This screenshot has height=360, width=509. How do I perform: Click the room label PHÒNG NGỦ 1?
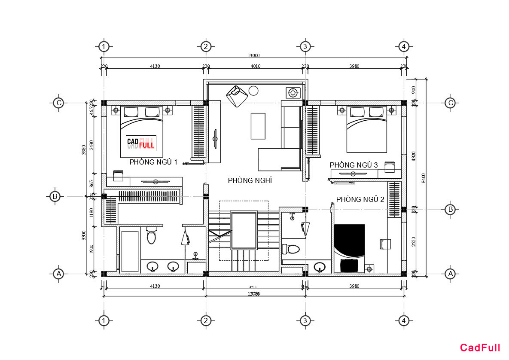tap(153, 162)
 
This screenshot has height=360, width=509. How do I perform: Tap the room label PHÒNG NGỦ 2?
tap(360, 199)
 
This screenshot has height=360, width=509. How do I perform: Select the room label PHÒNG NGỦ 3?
tap(354, 165)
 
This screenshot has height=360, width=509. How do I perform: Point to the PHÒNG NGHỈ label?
tap(250, 180)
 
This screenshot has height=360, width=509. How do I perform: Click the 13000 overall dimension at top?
tap(253, 55)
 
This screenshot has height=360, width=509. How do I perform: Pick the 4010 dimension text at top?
tap(255, 66)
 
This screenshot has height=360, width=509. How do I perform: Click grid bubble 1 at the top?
tap(104, 46)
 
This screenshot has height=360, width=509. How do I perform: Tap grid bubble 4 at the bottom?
tap(403, 320)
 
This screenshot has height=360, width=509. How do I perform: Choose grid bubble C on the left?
tap(58, 103)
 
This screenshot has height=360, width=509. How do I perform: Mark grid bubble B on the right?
tap(450, 210)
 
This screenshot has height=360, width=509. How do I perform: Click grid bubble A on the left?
tap(58, 274)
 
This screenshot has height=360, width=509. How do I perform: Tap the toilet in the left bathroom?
tap(151, 236)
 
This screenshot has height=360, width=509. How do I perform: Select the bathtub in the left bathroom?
tap(130, 251)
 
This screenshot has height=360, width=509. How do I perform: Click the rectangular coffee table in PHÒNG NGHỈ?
tap(258, 126)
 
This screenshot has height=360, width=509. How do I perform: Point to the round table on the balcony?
tap(253, 90)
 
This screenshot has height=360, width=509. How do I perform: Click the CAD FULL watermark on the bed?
tap(140, 143)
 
